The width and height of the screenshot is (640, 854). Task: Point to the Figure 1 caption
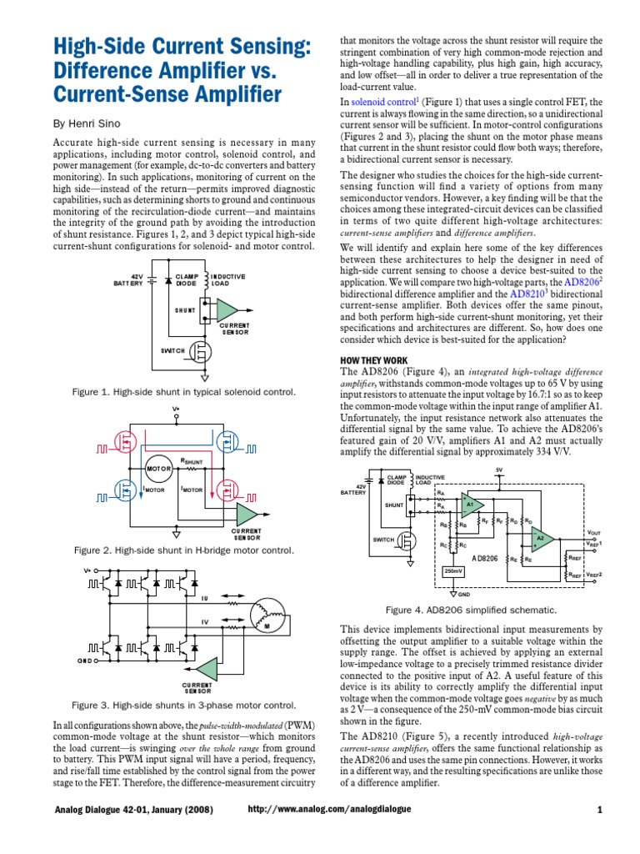point(184,391)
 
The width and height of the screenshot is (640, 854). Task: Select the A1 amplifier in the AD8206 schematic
point(470,505)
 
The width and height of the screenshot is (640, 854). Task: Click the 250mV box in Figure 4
point(453,570)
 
